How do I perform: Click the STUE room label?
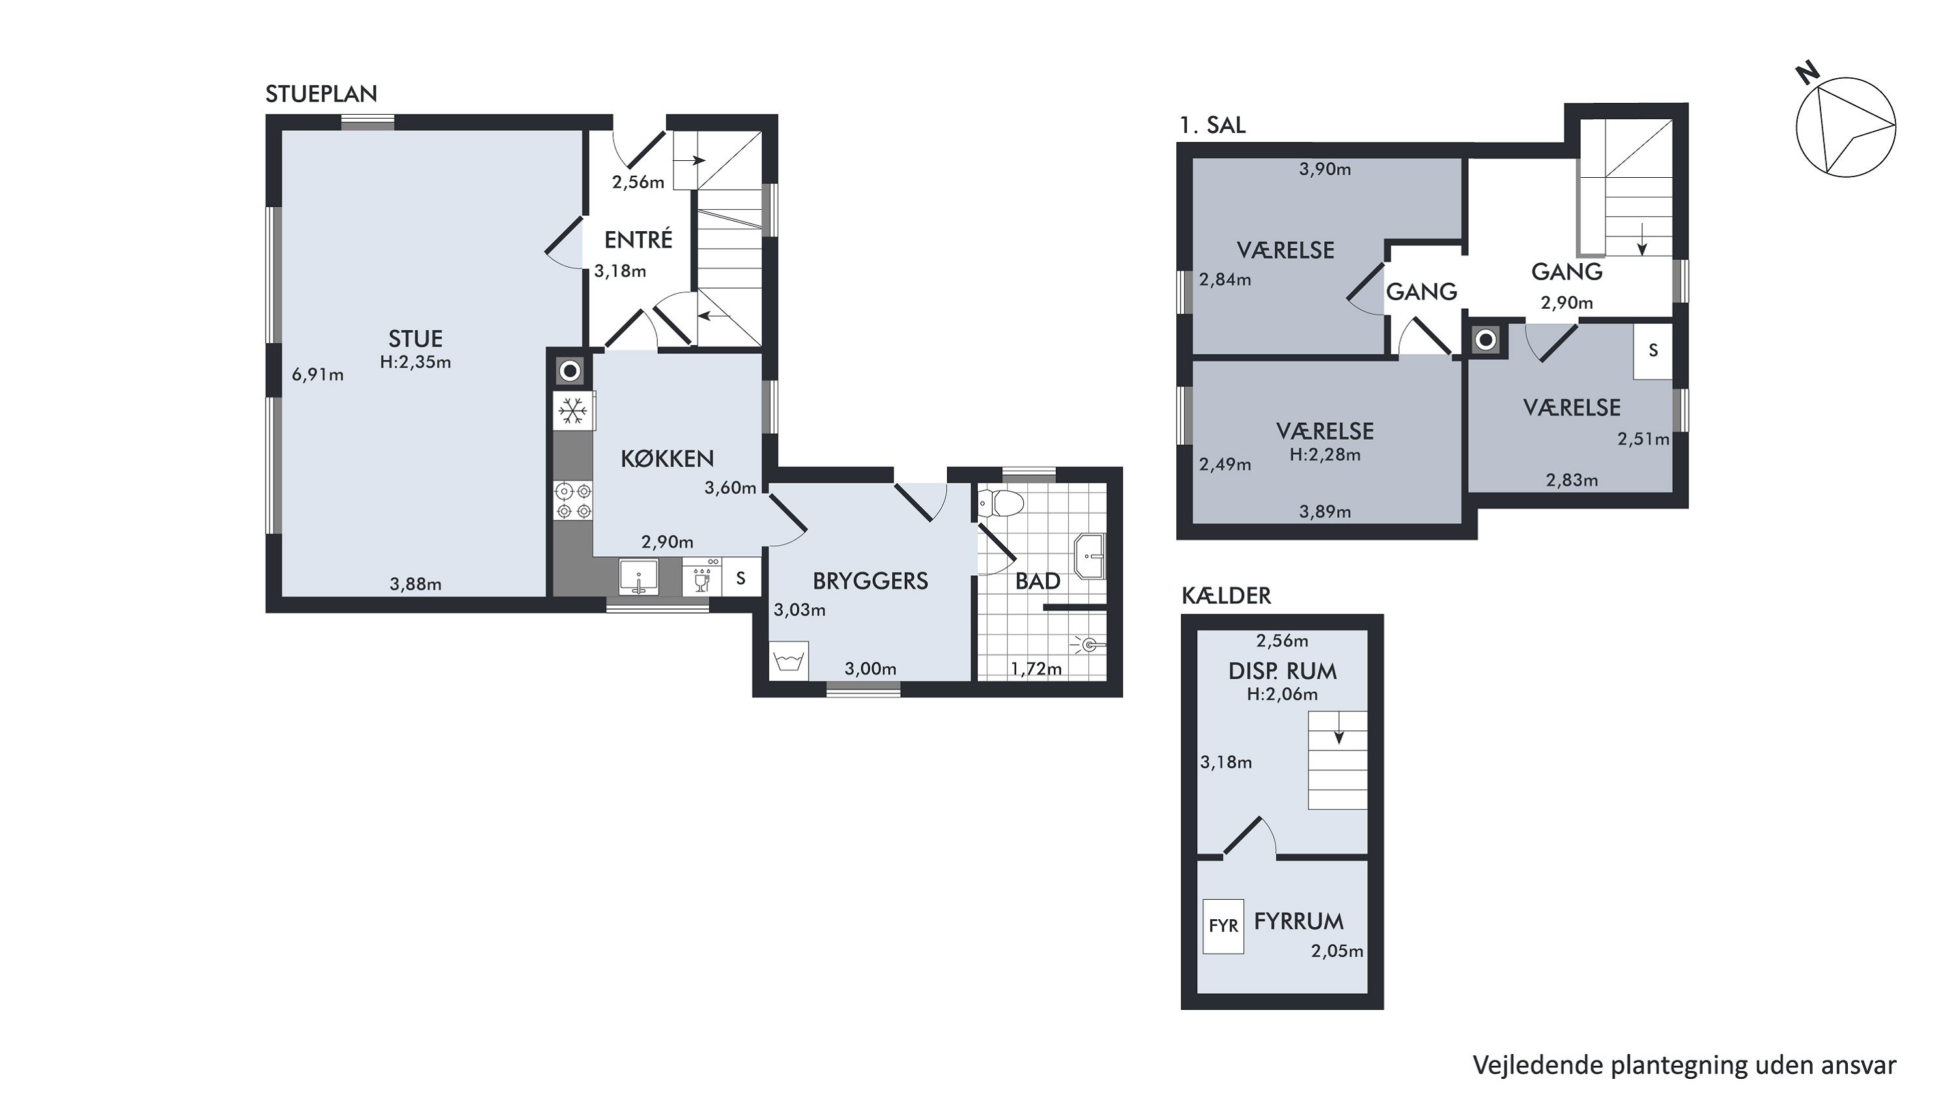(415, 338)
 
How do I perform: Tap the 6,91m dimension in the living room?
(318, 374)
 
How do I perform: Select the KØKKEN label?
(668, 459)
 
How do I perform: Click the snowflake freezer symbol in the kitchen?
(573, 412)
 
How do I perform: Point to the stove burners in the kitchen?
(573, 500)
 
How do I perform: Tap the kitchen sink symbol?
(640, 577)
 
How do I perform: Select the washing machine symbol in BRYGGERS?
(789, 661)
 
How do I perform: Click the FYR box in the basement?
(1223, 926)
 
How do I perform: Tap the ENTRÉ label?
(638, 240)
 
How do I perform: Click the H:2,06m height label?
(1282, 694)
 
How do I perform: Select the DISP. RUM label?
(1282, 671)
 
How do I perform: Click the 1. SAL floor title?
(1212, 125)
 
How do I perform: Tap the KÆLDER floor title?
(1226, 595)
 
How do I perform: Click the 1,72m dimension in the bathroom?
(1036, 669)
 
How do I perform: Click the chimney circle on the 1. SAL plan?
(1486, 341)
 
